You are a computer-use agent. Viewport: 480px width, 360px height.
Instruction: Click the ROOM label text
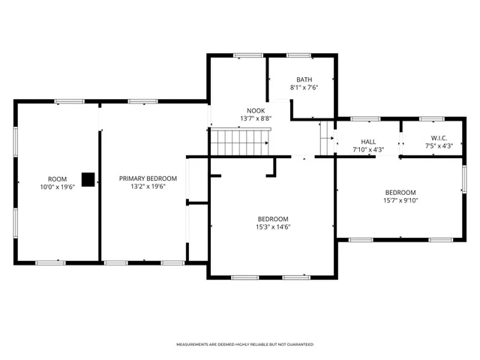point(57,178)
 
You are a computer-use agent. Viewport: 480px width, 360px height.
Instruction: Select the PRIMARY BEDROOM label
point(148,178)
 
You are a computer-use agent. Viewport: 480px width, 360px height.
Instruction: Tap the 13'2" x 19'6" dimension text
point(148,186)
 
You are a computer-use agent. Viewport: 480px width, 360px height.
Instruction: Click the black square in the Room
point(88,179)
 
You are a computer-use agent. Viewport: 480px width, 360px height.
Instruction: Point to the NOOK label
point(250,110)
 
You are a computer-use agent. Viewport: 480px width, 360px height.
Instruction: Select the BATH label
point(304,79)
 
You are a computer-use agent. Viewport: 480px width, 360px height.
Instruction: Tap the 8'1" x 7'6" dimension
point(304,87)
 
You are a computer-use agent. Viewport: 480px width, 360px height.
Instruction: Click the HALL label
point(368,141)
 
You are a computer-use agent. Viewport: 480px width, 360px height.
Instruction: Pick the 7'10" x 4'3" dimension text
point(368,148)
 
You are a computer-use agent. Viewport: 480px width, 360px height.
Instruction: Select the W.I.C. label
point(439,138)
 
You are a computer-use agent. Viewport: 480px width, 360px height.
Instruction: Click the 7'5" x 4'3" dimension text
point(439,145)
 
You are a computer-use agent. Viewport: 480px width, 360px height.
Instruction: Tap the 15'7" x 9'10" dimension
point(400,199)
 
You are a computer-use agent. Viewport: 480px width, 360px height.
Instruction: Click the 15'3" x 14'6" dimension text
point(273,226)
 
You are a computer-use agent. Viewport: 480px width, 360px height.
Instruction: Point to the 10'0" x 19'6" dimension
point(57,186)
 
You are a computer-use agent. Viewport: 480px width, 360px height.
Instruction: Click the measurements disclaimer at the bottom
point(244,344)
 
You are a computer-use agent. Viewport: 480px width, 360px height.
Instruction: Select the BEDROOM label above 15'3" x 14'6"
point(273,219)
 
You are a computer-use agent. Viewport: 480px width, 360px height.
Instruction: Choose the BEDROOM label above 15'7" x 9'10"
point(400,192)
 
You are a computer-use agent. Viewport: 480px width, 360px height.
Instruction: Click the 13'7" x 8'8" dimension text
point(250,118)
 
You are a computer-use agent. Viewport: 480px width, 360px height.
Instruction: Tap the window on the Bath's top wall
point(298,55)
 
